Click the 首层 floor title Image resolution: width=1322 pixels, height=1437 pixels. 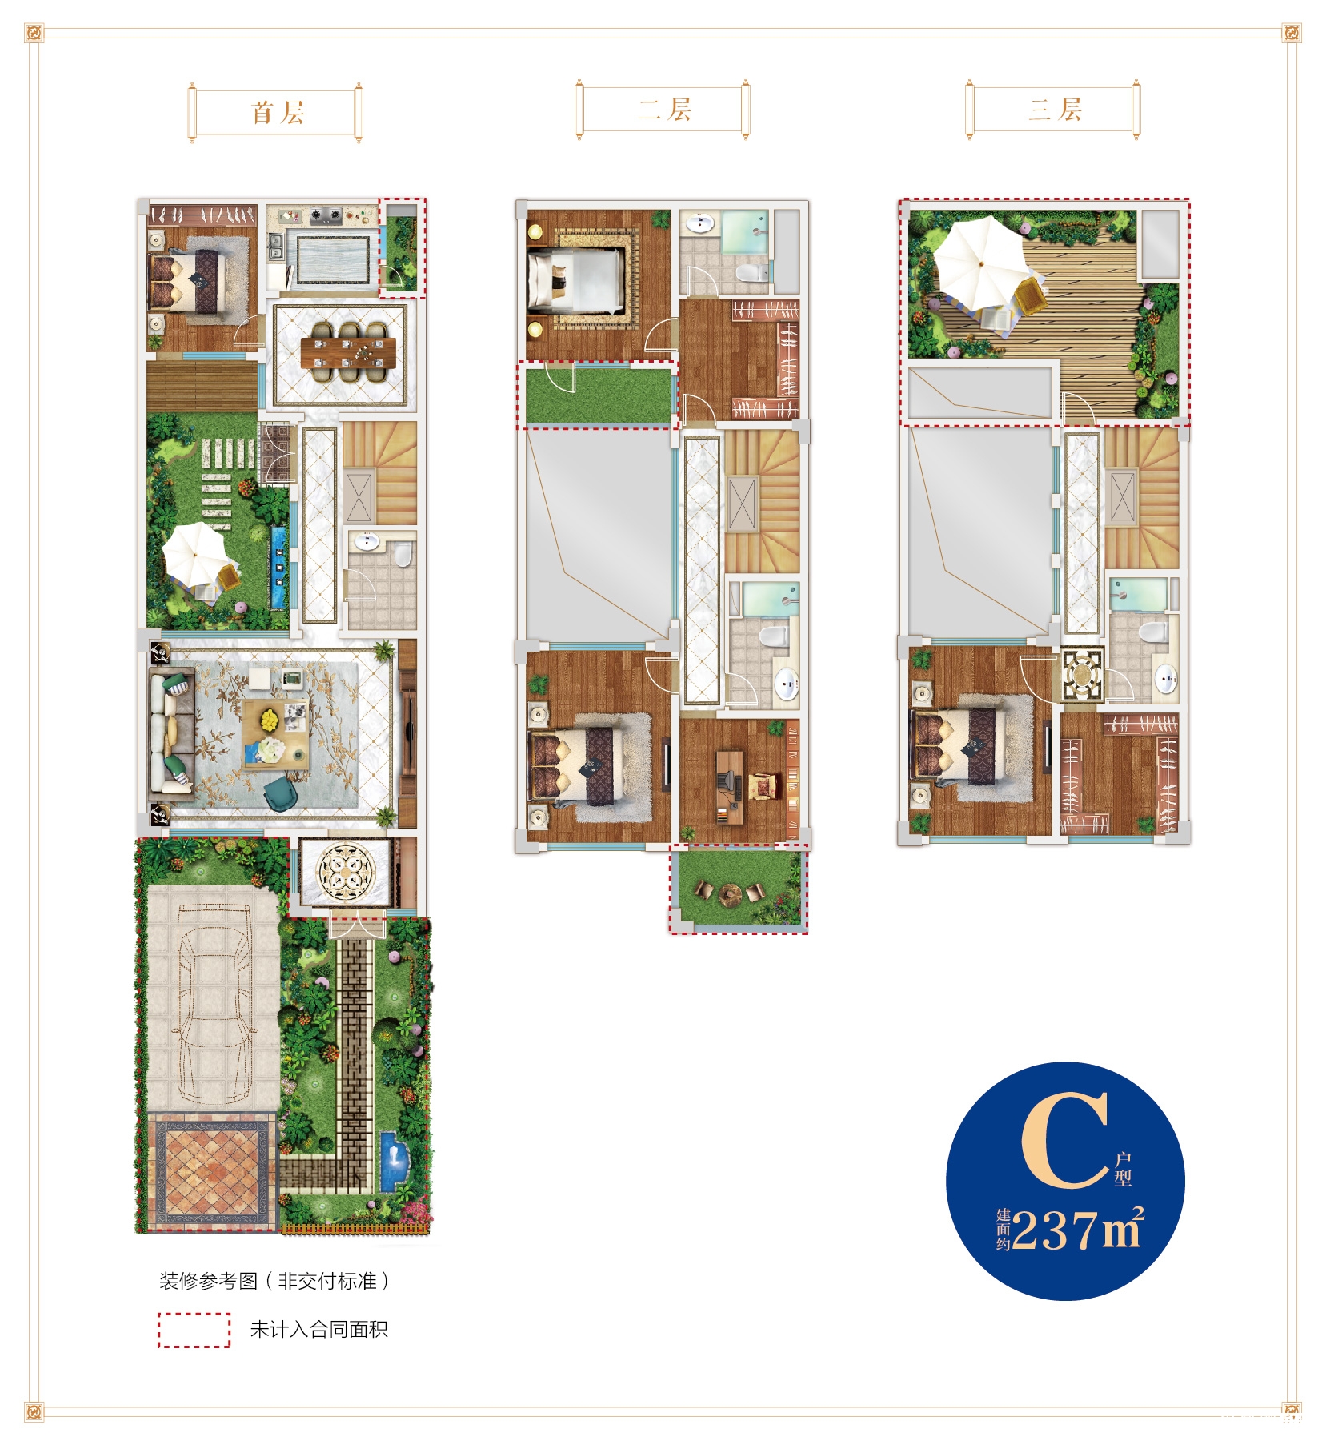[278, 112]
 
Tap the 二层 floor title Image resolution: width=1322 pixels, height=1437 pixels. [665, 109]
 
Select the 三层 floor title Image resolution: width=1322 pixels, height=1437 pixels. [1055, 109]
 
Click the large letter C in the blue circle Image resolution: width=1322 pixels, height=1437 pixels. [1065, 1140]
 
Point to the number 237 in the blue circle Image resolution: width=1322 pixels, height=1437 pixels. [1053, 1229]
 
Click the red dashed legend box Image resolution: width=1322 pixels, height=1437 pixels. [194, 1330]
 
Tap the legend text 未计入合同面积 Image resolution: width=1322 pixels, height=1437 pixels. [318, 1330]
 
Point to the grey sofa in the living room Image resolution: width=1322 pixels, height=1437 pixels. [171, 736]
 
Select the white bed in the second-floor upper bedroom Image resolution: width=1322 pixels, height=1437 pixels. [575, 279]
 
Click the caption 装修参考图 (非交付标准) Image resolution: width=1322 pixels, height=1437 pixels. [274, 1281]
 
